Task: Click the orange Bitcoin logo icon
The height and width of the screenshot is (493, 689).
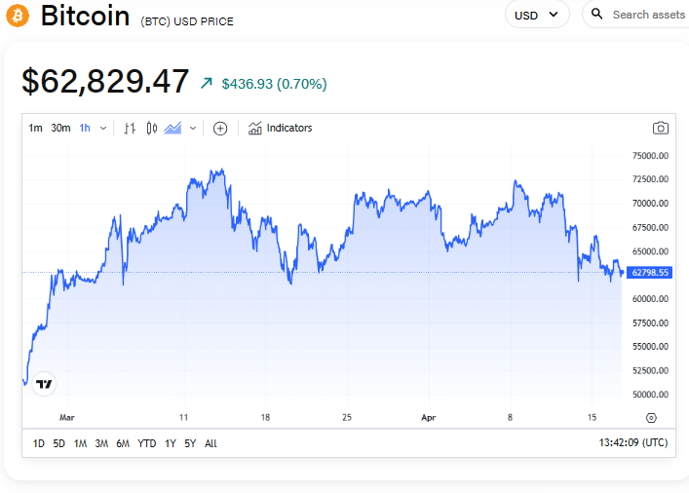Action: (x=18, y=17)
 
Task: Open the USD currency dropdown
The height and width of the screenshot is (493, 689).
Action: (x=537, y=15)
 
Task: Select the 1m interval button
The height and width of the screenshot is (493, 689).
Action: (x=35, y=128)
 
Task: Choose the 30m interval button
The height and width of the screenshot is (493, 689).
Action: (x=60, y=128)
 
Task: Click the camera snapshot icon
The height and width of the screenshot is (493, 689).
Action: (x=661, y=128)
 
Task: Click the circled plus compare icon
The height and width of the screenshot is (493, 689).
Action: (x=220, y=128)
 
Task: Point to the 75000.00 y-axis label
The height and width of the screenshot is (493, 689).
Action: (x=650, y=156)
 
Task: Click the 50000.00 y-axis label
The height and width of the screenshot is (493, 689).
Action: (x=650, y=395)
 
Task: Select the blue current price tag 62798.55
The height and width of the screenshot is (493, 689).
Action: (x=650, y=273)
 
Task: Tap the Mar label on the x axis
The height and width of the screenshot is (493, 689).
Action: (x=66, y=417)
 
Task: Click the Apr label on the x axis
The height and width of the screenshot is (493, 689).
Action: (x=429, y=417)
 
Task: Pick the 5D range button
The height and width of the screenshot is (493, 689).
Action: (x=59, y=443)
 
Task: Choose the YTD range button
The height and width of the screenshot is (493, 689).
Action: (x=147, y=443)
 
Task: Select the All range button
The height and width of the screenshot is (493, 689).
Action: (x=211, y=443)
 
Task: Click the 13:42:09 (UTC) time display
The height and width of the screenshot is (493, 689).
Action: (x=633, y=443)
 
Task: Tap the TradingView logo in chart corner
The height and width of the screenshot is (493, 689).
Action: (x=44, y=384)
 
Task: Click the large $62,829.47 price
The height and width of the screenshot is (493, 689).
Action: (x=105, y=82)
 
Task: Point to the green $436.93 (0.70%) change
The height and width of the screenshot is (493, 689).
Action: (x=274, y=84)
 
